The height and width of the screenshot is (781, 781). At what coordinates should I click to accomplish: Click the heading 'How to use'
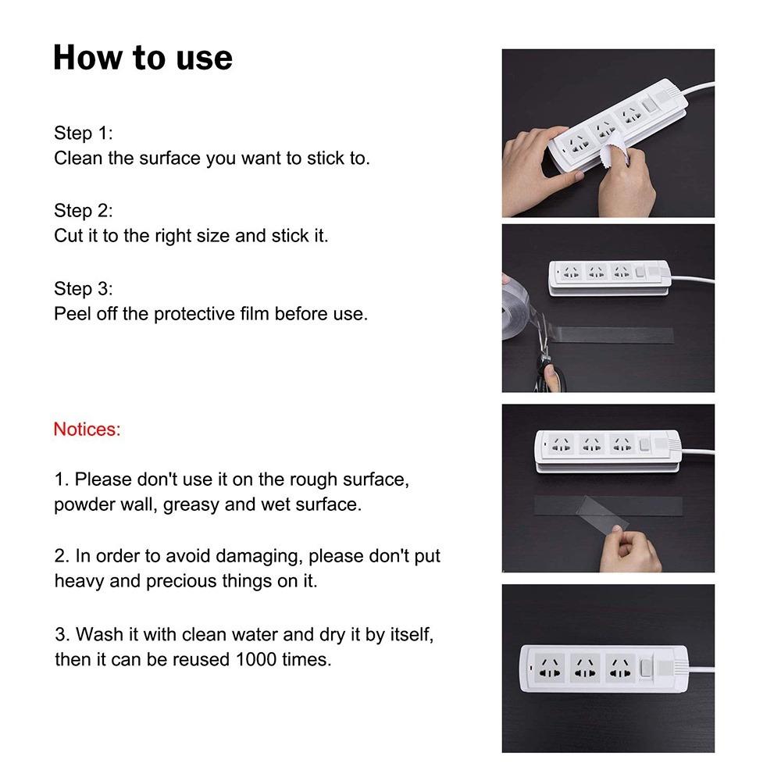click(x=142, y=59)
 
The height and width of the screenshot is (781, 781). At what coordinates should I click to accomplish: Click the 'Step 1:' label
click(x=83, y=132)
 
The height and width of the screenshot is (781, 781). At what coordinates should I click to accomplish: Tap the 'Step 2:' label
click(x=83, y=210)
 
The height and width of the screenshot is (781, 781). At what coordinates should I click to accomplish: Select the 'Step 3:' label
click(x=83, y=288)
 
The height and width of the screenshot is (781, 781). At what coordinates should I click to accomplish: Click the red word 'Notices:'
click(x=87, y=429)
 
